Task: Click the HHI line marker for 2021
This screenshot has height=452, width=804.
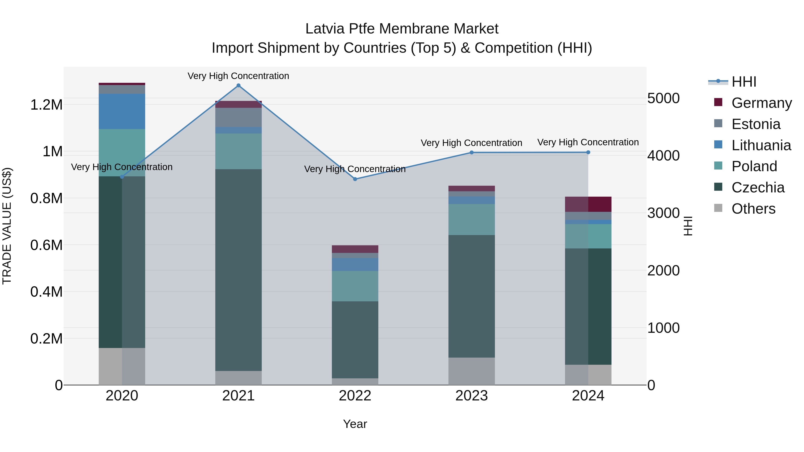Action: click(239, 85)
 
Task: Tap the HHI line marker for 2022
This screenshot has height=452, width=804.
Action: click(355, 179)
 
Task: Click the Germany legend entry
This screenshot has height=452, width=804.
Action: click(762, 103)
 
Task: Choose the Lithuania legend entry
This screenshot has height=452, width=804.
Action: click(761, 145)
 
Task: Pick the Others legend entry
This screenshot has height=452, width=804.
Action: click(753, 209)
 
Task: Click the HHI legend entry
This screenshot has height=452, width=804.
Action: click(744, 82)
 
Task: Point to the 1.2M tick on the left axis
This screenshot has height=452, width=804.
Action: click(46, 105)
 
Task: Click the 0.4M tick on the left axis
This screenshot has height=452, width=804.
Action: click(46, 292)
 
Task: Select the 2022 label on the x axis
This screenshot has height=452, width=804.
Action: click(355, 396)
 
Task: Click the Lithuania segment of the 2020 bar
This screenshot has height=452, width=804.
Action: click(122, 111)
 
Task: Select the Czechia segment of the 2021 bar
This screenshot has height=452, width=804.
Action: click(239, 270)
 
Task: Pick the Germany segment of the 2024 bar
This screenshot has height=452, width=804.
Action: click(588, 204)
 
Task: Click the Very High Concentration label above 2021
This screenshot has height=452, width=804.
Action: click(239, 76)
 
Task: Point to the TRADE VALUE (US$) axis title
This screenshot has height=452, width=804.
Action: click(7, 226)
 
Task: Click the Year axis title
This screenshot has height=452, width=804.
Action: click(355, 424)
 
